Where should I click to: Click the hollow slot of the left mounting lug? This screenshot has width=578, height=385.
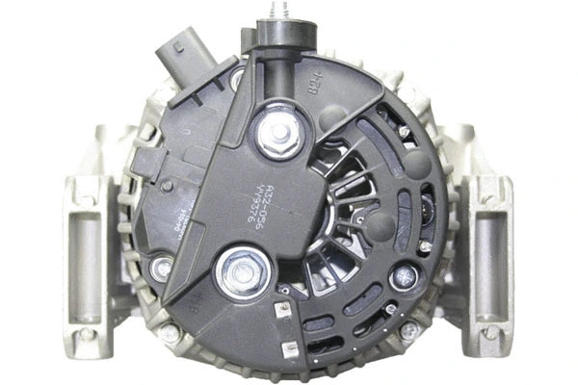84,255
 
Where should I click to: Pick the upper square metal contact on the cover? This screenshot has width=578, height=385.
283,310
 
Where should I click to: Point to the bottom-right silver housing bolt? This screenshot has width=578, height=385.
408,330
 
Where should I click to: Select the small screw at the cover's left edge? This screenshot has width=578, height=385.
162,268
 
